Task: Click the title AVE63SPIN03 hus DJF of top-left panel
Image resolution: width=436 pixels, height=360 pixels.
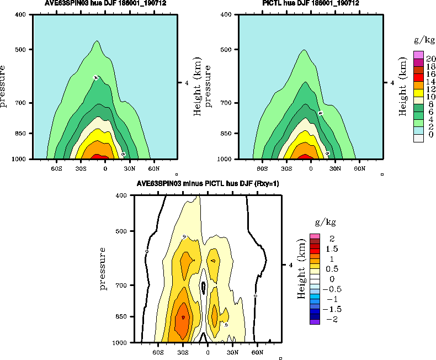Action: (105, 4)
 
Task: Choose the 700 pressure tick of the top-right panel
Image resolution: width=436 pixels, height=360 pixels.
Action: (226, 103)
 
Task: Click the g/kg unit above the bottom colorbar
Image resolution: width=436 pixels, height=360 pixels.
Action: (325, 223)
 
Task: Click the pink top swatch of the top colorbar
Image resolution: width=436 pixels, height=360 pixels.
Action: (418, 55)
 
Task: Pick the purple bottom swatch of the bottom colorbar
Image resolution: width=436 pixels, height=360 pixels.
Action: (315, 321)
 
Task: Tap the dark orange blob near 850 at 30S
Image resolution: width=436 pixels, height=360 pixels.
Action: (183, 318)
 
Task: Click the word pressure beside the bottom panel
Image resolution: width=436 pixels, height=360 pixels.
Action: (103, 268)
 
